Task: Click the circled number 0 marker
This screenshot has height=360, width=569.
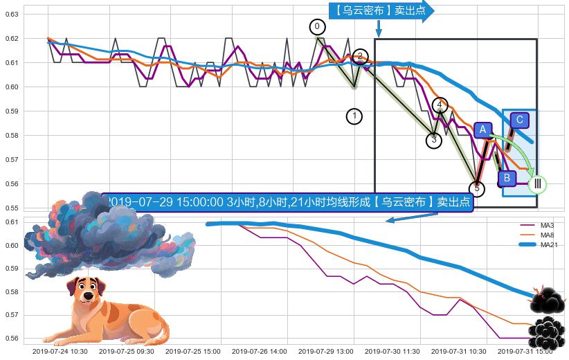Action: point(316,27)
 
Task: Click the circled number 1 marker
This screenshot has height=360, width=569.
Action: point(354,116)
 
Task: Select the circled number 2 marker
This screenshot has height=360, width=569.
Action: point(360,56)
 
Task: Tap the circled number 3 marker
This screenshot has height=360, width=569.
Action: point(433,141)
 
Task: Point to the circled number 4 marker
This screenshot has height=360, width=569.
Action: point(440,105)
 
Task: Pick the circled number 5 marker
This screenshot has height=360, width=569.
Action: point(476,188)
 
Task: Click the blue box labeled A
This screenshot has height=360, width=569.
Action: point(482,129)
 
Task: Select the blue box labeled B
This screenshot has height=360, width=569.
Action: point(507,179)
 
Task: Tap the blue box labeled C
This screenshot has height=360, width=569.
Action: point(520,120)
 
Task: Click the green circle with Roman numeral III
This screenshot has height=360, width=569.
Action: point(537,184)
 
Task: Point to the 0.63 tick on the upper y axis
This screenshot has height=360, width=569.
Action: point(12,14)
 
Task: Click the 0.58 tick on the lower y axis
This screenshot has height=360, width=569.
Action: point(12,292)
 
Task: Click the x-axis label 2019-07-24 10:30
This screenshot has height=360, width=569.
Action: point(60,352)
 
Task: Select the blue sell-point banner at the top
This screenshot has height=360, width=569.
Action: point(379,10)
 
